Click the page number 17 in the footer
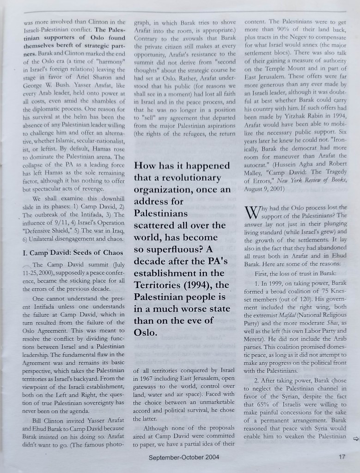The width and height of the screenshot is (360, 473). click(x=342, y=457)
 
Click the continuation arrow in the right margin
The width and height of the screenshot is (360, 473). click(x=355, y=439)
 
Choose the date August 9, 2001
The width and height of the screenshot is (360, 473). click(x=265, y=189)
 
